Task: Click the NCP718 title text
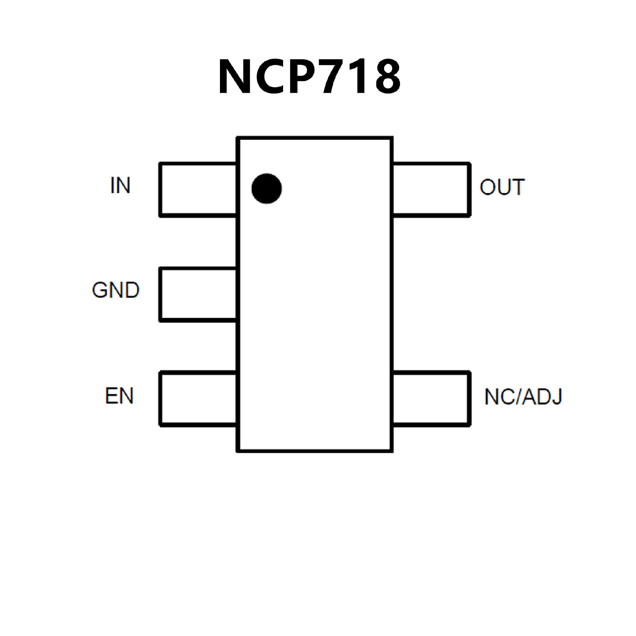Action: tap(309, 77)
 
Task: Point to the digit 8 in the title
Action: tap(388, 77)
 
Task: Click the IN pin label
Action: tap(120, 185)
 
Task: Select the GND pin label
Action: tap(116, 290)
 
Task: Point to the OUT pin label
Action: tap(502, 187)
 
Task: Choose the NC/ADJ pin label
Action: tap(523, 397)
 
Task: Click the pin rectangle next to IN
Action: tap(198, 190)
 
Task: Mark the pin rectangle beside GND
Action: tap(198, 294)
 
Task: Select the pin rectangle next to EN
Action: tap(198, 399)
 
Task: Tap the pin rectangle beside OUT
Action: tap(431, 190)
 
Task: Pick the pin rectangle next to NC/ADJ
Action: tap(431, 398)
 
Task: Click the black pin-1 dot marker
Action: tap(267, 188)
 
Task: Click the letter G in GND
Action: tap(100, 290)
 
